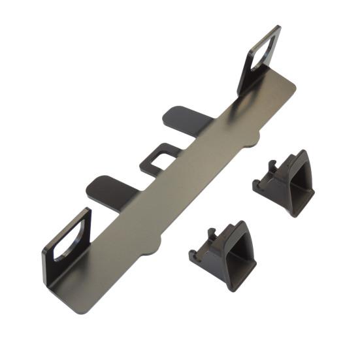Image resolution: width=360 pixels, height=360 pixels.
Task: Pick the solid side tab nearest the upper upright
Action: (182, 118)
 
